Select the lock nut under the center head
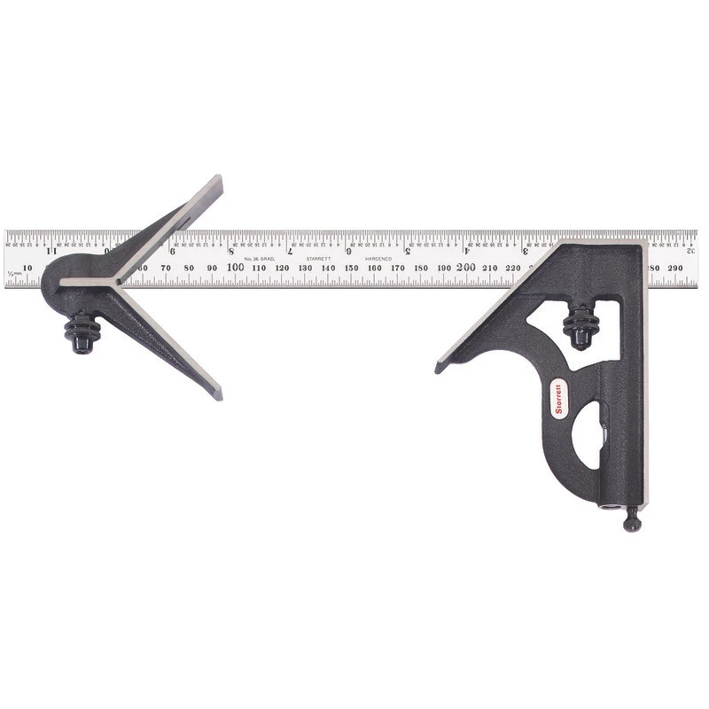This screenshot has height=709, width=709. coord(81,332)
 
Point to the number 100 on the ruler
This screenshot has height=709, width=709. coord(236,267)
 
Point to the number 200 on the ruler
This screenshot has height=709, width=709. coord(466,267)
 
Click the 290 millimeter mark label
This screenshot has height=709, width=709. coord(677,267)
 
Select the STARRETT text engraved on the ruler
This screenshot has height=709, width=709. coord(318,258)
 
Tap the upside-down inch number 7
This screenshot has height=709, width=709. coord(290,251)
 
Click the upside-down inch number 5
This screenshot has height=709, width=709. coord(407,251)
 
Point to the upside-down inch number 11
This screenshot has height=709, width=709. coord(49,251)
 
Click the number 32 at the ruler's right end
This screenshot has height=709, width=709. coord(690,251)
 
